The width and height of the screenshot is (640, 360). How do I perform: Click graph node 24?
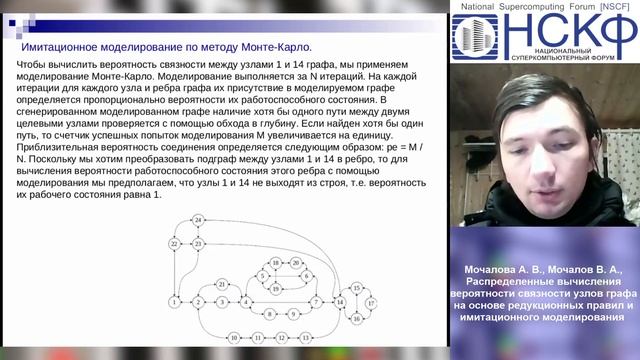click(x=199, y=219)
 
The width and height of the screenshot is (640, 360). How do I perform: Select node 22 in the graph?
click(x=174, y=243)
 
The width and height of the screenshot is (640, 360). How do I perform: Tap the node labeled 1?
click(x=175, y=301)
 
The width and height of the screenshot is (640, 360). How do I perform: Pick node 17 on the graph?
click(x=371, y=301)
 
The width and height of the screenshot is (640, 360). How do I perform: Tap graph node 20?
click(x=295, y=262)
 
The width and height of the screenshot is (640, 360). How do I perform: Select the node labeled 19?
click(x=276, y=288)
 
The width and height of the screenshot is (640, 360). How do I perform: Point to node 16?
click(x=356, y=318)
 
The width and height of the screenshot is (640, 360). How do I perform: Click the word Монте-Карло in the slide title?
click(x=275, y=47)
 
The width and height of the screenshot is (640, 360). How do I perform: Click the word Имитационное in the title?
click(x=62, y=47)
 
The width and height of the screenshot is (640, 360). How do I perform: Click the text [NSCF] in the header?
click(x=615, y=6)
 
